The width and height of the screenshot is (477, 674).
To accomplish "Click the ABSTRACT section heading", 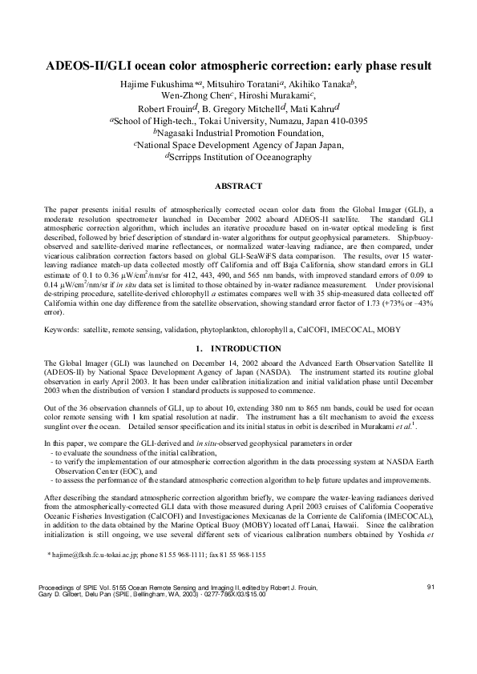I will click(x=239, y=186).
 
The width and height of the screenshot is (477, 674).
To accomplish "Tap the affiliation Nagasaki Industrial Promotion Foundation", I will click(x=238, y=133).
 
